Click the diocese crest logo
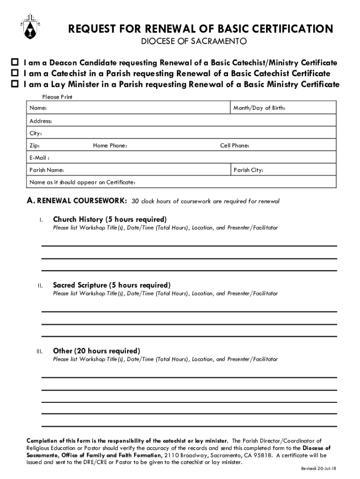26,27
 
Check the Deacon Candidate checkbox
15,63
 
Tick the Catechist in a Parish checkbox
15,73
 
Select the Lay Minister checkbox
15,84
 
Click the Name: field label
38,109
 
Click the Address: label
41,121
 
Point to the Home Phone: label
110,145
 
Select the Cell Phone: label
235,145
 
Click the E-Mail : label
40,158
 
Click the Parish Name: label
47,170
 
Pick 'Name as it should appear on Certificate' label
83,182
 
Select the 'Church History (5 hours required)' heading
109,219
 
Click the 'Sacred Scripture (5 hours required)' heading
112,285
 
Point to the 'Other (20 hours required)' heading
96,351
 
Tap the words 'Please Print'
57,97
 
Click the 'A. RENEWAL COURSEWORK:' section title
76,201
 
